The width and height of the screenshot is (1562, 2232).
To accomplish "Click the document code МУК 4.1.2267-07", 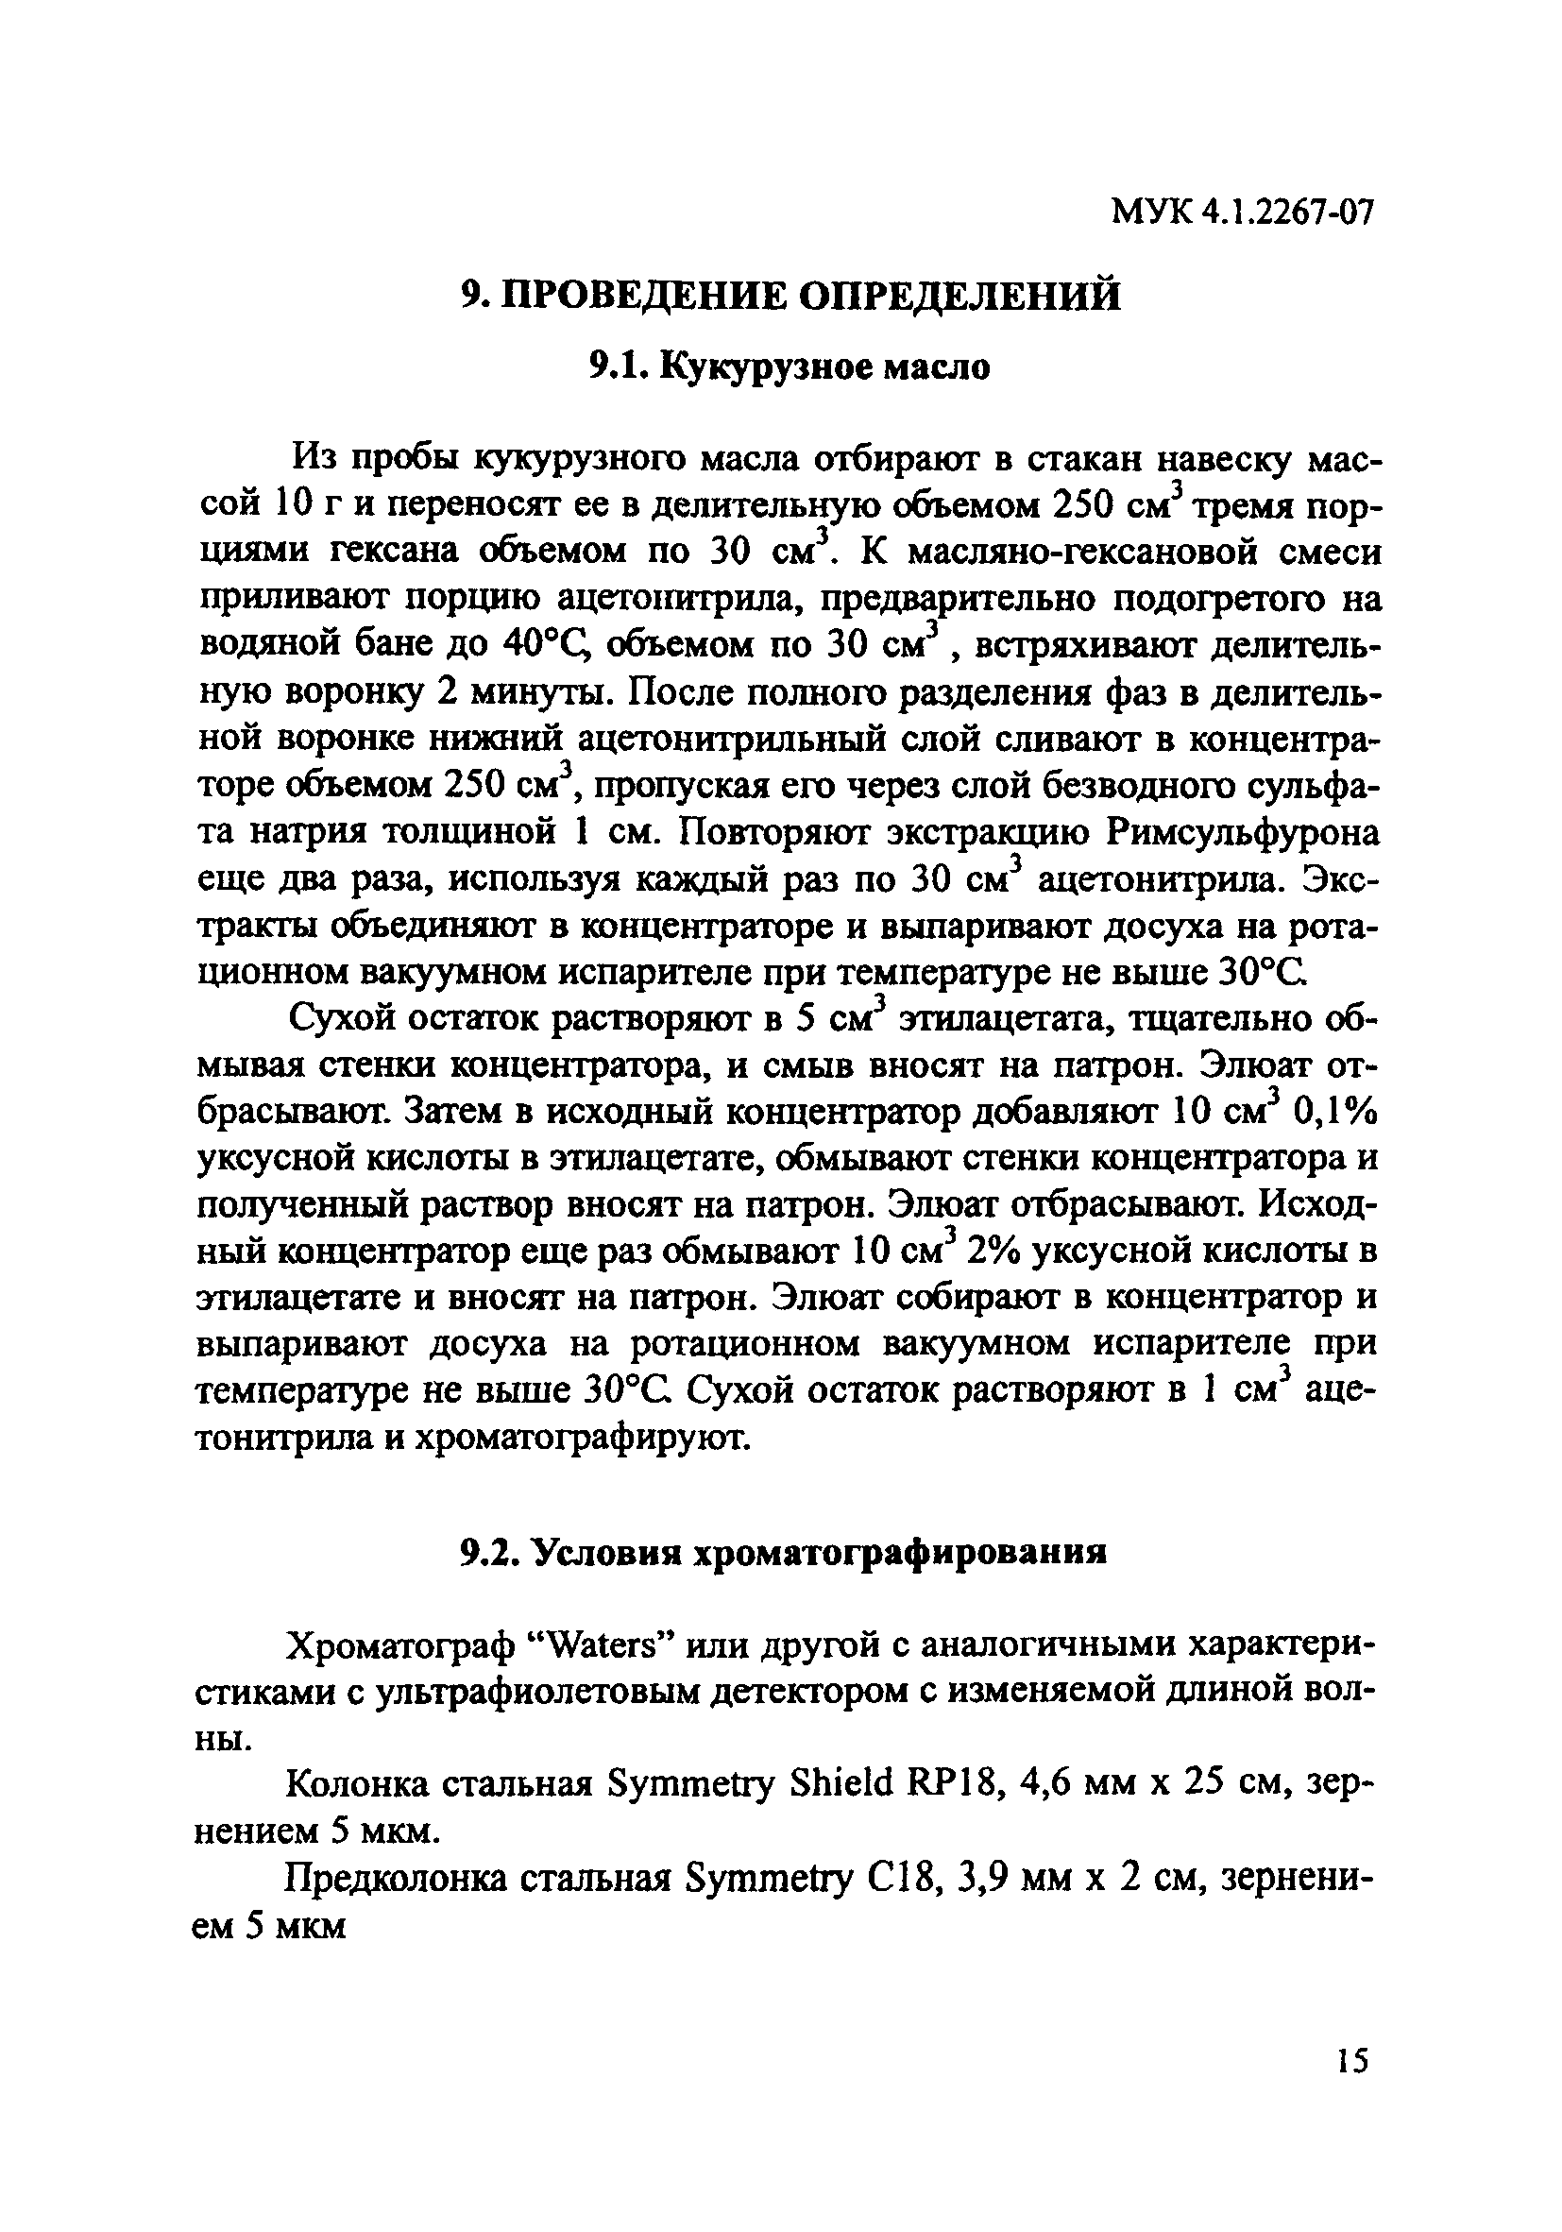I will (1243, 238).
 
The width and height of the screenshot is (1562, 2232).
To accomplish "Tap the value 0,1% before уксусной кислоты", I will (1335, 1112).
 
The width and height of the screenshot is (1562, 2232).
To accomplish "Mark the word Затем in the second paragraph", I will (455, 1112).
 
